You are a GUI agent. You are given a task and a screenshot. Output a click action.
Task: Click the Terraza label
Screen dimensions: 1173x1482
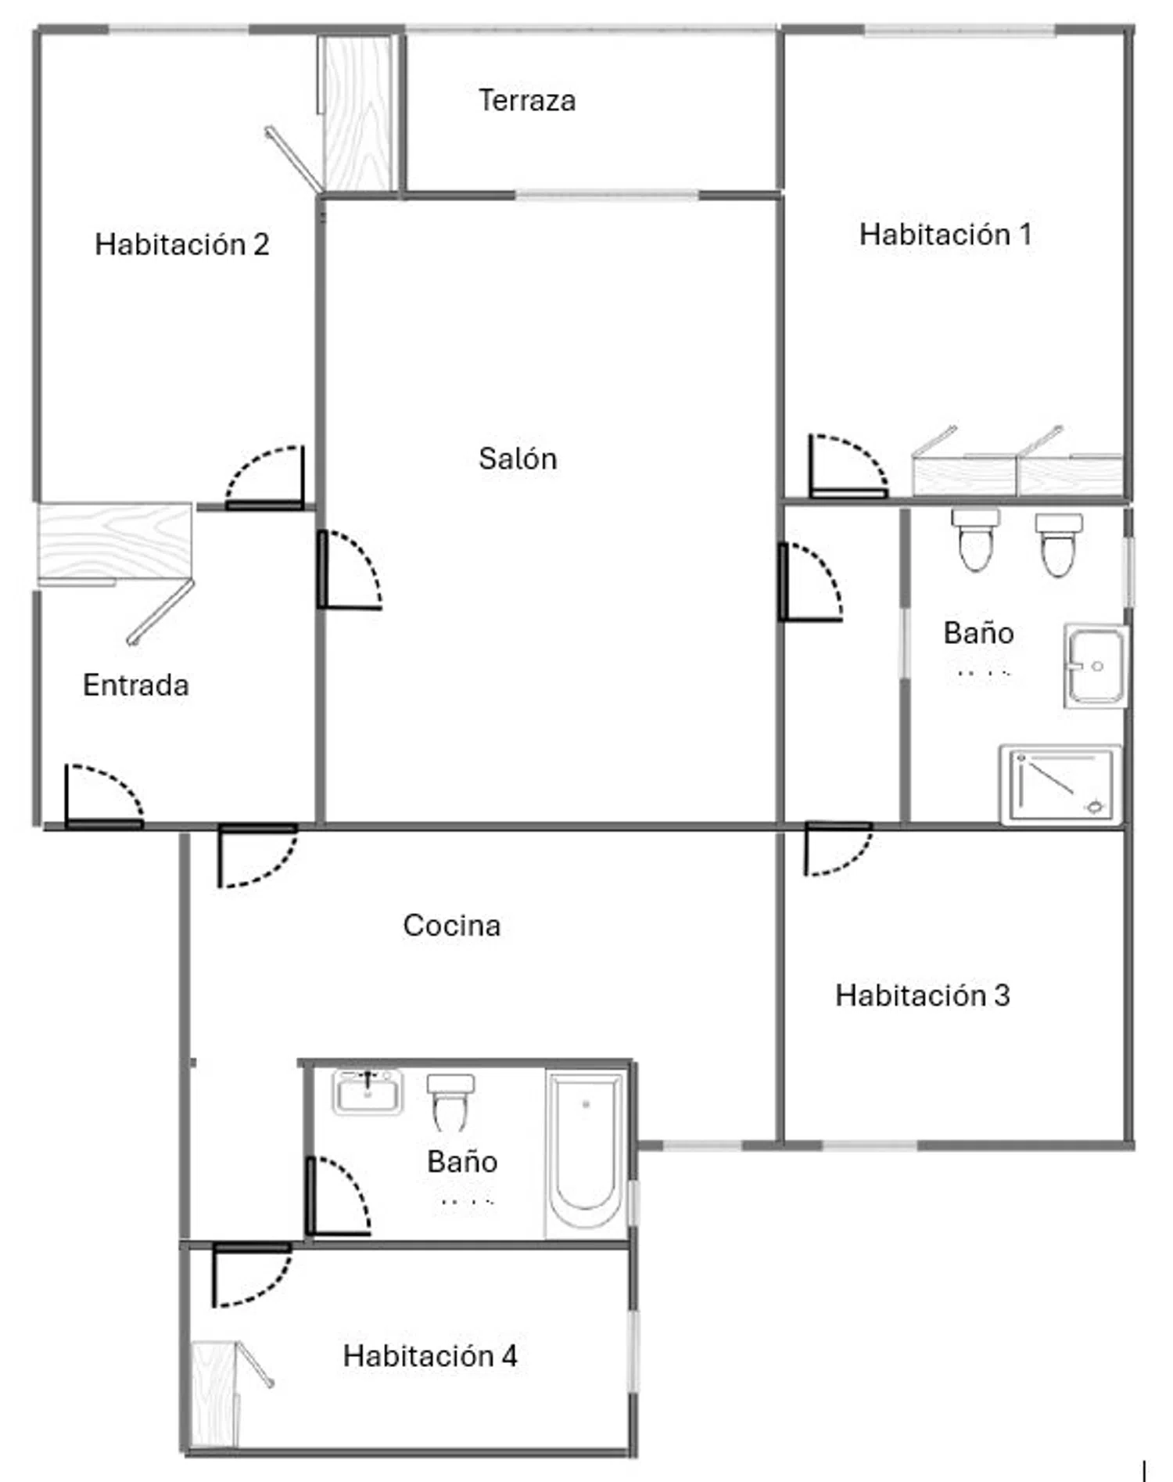point(527,100)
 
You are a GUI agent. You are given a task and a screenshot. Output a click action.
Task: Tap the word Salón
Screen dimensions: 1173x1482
point(518,458)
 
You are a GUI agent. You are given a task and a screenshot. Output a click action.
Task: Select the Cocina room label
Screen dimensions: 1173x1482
point(452,925)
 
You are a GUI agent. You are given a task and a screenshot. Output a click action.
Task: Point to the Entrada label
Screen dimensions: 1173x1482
point(136,685)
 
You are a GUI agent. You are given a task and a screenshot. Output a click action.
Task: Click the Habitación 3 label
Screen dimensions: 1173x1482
point(923,995)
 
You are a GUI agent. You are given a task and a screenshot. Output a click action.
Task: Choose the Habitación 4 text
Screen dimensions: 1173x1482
point(430,1355)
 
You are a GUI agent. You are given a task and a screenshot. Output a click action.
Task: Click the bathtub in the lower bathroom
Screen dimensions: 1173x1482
point(586,1154)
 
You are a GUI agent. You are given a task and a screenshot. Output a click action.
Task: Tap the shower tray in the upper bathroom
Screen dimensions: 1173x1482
point(1060,784)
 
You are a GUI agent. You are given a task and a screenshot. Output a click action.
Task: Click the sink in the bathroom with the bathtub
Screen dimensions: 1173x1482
point(368,1092)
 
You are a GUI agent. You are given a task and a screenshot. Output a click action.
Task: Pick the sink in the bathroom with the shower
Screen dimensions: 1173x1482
point(1096,666)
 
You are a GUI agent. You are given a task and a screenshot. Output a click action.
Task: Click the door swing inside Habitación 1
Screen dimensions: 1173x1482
point(848,466)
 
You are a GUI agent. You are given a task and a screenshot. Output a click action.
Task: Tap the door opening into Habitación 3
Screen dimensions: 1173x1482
point(838,848)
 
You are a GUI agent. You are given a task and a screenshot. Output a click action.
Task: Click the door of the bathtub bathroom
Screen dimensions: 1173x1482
point(338,1196)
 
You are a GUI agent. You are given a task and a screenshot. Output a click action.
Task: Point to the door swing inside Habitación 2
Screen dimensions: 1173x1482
point(264,477)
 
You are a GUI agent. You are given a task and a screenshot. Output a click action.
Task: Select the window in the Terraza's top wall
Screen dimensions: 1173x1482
point(590,30)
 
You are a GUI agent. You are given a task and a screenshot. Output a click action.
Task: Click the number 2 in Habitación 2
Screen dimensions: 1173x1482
point(261,244)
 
